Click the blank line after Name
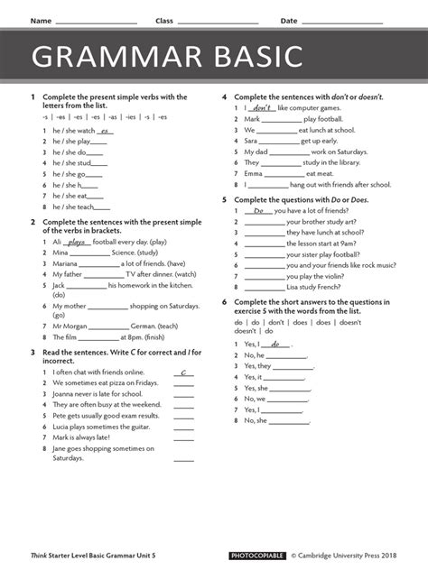[96, 22]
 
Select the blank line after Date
[342, 22]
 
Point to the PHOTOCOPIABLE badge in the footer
[256, 556]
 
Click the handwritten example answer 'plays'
[76, 242]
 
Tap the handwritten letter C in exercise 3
[183, 372]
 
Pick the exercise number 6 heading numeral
[224, 301]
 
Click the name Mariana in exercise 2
[66, 263]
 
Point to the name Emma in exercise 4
[254, 173]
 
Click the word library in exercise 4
[344, 162]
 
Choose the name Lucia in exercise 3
[63, 427]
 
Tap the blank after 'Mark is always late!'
[183, 437]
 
